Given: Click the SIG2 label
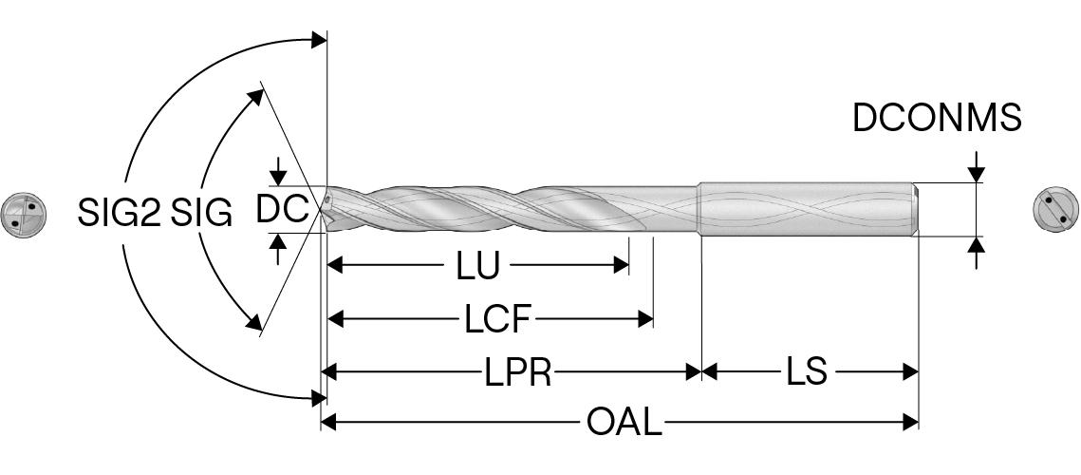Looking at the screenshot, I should coord(119,214).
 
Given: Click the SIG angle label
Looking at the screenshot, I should coord(201,214).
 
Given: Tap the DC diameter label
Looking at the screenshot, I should coord(282,209).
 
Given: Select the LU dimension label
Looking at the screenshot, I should coord(477,267).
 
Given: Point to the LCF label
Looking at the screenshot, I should coord(496,319).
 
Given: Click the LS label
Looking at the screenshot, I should coord(807,371).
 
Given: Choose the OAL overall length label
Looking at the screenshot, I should coord(624,422).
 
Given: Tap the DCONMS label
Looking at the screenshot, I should coord(937,118).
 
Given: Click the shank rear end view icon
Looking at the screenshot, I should coord(1054,208).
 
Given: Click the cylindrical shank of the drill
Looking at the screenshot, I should coord(807,209).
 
